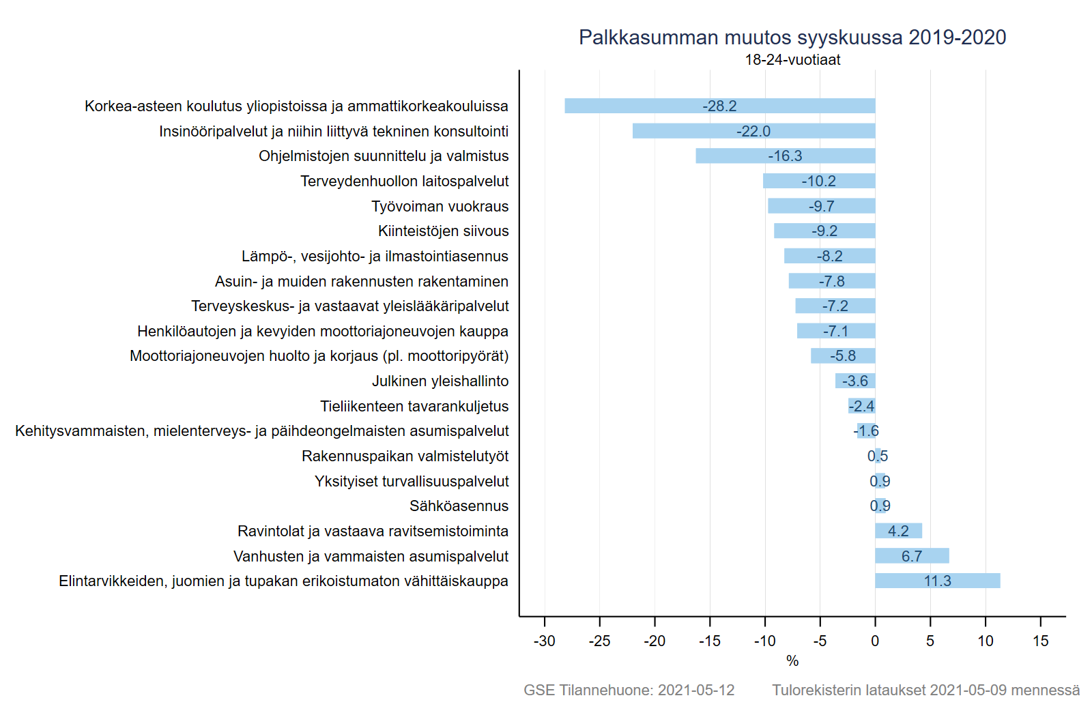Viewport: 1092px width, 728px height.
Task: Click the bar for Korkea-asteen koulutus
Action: point(719,106)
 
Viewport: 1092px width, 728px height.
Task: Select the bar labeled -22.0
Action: point(753,131)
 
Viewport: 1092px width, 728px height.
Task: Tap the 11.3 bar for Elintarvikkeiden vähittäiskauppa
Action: point(938,581)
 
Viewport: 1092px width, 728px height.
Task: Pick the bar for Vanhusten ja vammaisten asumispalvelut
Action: point(912,556)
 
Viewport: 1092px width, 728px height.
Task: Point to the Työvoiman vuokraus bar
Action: point(822,206)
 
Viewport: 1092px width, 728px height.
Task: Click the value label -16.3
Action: point(785,156)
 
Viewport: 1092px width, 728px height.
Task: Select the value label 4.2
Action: point(898,531)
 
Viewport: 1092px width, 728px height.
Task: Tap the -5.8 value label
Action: point(843,355)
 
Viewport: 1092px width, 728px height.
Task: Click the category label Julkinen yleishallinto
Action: point(440,381)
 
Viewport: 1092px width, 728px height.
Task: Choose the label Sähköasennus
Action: point(459,506)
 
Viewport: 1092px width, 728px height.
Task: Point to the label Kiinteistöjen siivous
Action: point(443,231)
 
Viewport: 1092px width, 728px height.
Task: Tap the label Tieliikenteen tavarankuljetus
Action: point(414,407)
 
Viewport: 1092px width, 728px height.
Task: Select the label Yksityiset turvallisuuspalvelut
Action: point(412,482)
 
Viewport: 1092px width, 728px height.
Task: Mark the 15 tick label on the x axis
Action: point(1040,641)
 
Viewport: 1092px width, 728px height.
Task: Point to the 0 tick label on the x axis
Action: point(875,641)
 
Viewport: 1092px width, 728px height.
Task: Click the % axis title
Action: point(792,660)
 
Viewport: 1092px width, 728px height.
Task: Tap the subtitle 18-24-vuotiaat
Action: point(792,60)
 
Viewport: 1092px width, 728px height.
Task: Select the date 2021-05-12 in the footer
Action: point(696,690)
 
